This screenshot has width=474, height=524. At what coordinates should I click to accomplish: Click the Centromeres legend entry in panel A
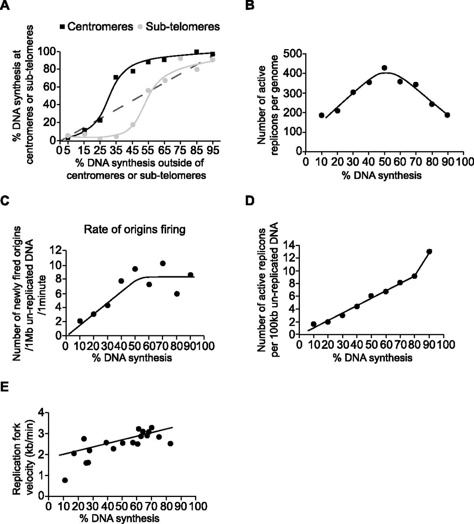(x=97, y=27)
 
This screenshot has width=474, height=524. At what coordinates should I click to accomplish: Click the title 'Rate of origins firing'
(x=134, y=230)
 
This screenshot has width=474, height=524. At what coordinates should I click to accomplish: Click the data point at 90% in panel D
(x=429, y=251)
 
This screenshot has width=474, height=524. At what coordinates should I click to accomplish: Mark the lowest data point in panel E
(x=64, y=480)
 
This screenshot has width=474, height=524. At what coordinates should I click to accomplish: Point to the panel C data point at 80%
(x=177, y=294)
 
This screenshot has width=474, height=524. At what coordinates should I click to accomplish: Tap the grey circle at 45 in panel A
(x=133, y=124)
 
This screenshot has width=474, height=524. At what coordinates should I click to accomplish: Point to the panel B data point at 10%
(x=322, y=115)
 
